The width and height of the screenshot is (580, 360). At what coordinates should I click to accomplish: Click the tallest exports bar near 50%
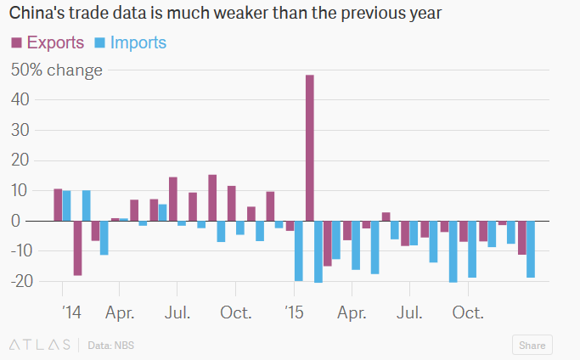coord(310,148)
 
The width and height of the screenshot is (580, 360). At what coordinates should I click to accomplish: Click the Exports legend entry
coord(54,42)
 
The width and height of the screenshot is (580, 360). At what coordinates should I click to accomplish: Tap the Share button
coord(532,345)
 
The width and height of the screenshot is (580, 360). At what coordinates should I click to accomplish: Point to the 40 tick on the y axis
coord(20,100)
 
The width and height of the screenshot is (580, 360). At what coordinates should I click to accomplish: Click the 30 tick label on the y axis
coord(20,130)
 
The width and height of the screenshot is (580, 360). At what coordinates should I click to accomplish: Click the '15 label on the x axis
coord(293,312)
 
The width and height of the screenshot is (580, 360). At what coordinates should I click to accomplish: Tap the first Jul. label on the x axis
coord(177,312)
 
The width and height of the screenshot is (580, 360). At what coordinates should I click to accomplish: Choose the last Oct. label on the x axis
coord(467,312)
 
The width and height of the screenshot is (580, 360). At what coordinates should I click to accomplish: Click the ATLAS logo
coord(39,345)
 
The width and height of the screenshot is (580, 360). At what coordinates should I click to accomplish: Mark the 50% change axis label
coord(56,70)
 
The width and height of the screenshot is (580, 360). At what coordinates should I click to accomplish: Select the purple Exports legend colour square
coord(15,42)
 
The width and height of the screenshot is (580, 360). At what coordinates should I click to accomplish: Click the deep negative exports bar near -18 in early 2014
coord(77,248)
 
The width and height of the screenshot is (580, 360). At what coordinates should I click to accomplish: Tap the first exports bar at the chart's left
coord(58,205)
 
